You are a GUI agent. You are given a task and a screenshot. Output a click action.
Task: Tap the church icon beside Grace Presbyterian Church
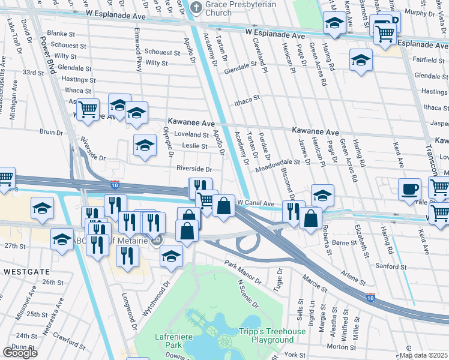pos(196,8)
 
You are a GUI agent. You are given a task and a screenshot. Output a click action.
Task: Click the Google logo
pos(20,353)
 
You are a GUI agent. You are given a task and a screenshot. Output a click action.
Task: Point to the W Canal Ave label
pos(256,203)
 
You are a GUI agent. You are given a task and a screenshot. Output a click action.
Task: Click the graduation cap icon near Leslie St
pos(145,145)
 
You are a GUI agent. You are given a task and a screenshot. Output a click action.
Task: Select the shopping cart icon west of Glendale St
pos(88,109)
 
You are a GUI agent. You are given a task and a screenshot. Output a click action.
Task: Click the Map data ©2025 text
pos(424,355)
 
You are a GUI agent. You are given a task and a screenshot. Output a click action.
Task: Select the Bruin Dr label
pos(51,132)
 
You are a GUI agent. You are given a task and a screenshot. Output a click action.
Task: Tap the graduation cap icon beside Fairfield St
pos(361,60)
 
